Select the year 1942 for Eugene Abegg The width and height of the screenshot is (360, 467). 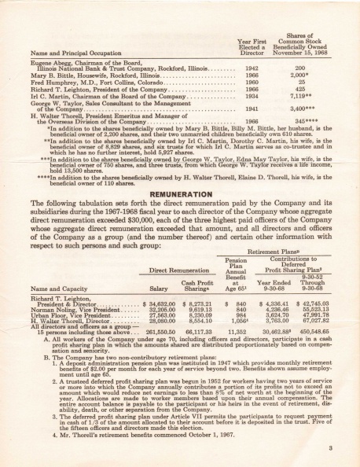[252, 68]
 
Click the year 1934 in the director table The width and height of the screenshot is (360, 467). [252, 96]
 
